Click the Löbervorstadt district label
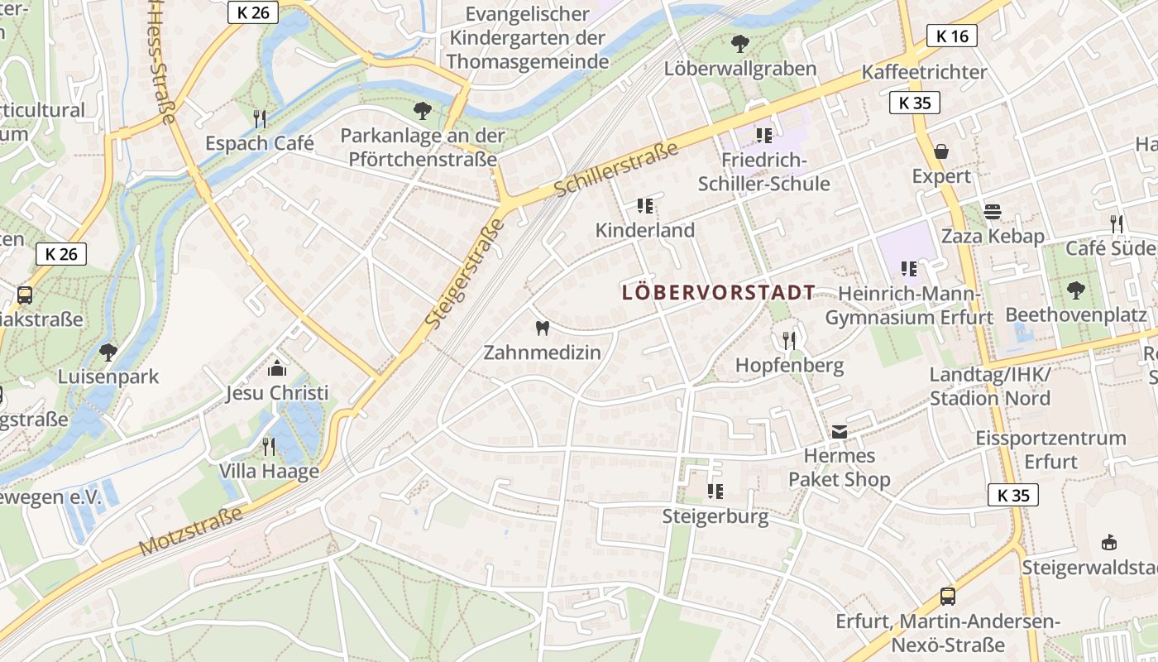[x=718, y=292]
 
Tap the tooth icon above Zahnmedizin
[x=543, y=328]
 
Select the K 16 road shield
[x=952, y=36]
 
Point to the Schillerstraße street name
[x=615, y=170]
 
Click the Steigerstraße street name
[x=464, y=272]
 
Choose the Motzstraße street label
[x=191, y=530]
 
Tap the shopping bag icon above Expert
[x=941, y=151]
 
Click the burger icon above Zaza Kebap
[x=993, y=211]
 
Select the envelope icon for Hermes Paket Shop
[x=840, y=430]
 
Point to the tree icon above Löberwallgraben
[x=740, y=43]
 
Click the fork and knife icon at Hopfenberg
[x=789, y=339]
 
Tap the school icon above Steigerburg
[x=715, y=492]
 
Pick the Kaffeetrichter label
[x=924, y=72]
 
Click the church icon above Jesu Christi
[x=277, y=368]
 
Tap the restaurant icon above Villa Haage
[x=269, y=447]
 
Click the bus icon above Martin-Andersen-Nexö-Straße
[x=948, y=596]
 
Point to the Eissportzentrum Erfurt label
[x=1050, y=449]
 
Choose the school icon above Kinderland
[x=645, y=205]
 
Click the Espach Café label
[x=260, y=143]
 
